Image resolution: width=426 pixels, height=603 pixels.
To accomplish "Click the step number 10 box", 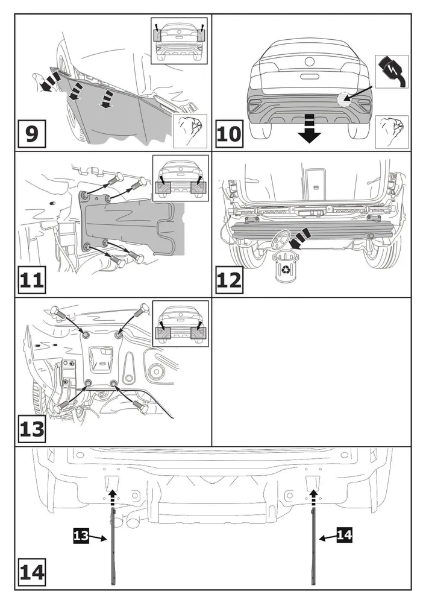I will coord(229,132).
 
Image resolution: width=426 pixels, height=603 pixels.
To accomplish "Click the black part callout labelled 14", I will coord(344,534).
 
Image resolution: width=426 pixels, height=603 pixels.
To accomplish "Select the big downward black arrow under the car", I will coord(310,128).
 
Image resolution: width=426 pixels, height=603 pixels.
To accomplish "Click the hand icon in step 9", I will coord(189,129).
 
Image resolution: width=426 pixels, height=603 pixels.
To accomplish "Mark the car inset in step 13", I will coord(181,327).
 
